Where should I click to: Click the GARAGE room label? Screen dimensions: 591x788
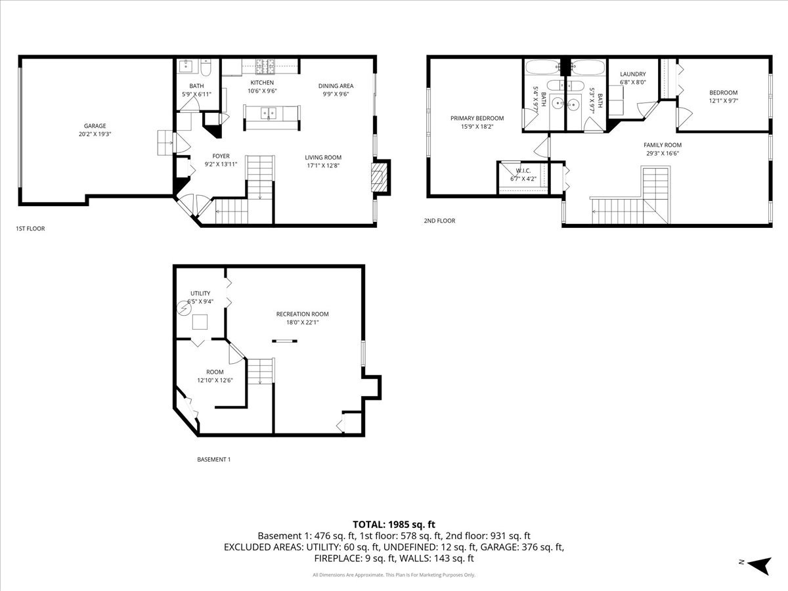click(x=95, y=126)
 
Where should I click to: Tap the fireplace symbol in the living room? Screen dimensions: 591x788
click(x=379, y=177)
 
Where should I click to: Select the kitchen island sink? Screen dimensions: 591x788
click(x=269, y=112)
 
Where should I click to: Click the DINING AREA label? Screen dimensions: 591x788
click(x=336, y=86)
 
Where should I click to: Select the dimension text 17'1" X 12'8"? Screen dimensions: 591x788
click(x=323, y=166)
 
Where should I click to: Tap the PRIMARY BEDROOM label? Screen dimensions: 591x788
click(x=477, y=118)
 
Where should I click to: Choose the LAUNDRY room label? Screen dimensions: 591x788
click(x=633, y=74)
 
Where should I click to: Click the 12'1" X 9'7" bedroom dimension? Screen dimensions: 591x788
click(x=723, y=101)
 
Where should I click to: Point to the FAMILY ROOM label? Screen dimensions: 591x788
click(x=662, y=145)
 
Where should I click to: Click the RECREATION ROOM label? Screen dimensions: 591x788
click(x=302, y=314)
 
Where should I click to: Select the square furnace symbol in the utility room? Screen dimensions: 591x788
click(x=200, y=322)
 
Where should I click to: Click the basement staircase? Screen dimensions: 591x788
click(x=260, y=372)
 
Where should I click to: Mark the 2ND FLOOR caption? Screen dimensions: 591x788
click(x=439, y=221)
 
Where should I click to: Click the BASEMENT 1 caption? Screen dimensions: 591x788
click(x=214, y=460)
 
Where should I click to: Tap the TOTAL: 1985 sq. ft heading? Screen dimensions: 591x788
click(x=394, y=524)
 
